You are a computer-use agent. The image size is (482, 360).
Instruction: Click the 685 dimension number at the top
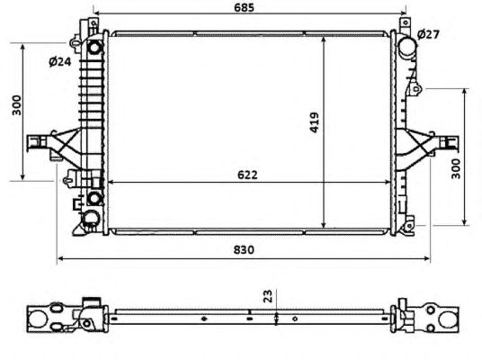pyautogui.click(x=244, y=7)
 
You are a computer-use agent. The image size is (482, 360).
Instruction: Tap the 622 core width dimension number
pyautogui.click(x=247, y=175)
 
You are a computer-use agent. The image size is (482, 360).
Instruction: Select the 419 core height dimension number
pyautogui.click(x=314, y=122)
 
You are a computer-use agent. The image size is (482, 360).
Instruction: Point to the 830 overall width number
pyautogui.click(x=244, y=249)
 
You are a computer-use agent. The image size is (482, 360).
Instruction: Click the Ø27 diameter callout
pyautogui.click(x=429, y=34)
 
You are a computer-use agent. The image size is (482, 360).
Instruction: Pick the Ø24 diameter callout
pyautogui.click(x=60, y=62)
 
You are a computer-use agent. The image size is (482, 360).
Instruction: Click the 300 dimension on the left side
pyautogui.click(x=16, y=105)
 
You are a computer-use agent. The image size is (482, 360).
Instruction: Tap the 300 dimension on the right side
pyautogui.click(x=456, y=168)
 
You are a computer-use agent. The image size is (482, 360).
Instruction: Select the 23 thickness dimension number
pyautogui.click(x=268, y=296)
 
